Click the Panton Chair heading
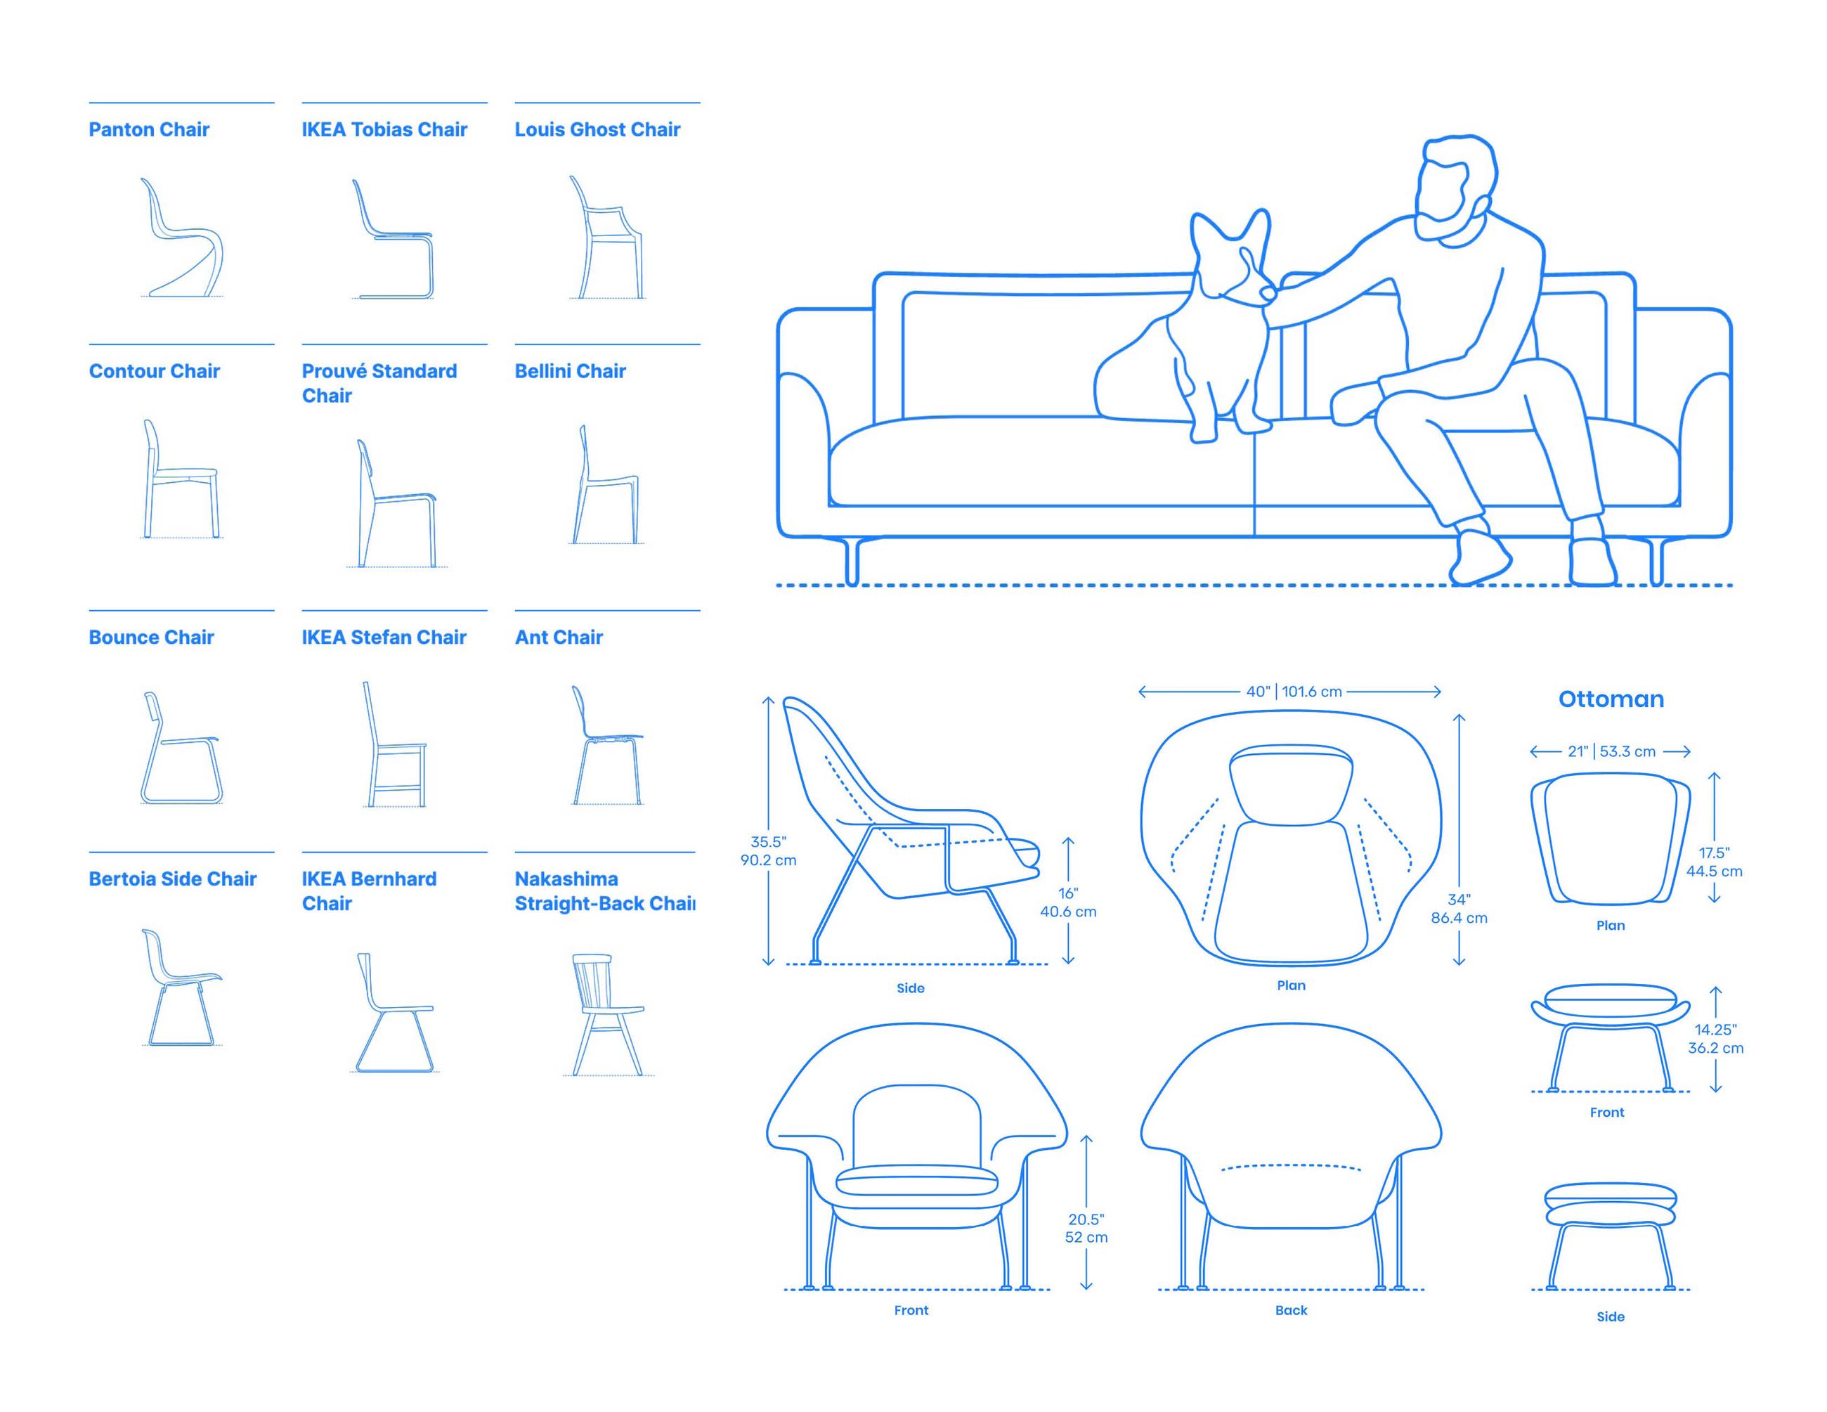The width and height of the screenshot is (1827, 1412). tap(149, 129)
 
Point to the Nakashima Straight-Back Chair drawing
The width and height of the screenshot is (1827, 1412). tap(607, 1013)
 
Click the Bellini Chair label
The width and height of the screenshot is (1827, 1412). tap(570, 371)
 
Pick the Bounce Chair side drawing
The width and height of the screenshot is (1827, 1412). tap(181, 749)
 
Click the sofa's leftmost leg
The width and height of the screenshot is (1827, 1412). tap(852, 562)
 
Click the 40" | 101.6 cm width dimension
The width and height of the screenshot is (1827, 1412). tap(1293, 692)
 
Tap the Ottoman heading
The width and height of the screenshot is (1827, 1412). tap(1611, 699)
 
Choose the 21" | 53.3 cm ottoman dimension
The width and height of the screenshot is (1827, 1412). tap(1611, 751)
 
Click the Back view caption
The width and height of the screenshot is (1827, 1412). tap(1291, 1310)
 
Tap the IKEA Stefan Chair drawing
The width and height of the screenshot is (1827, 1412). tap(394, 745)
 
